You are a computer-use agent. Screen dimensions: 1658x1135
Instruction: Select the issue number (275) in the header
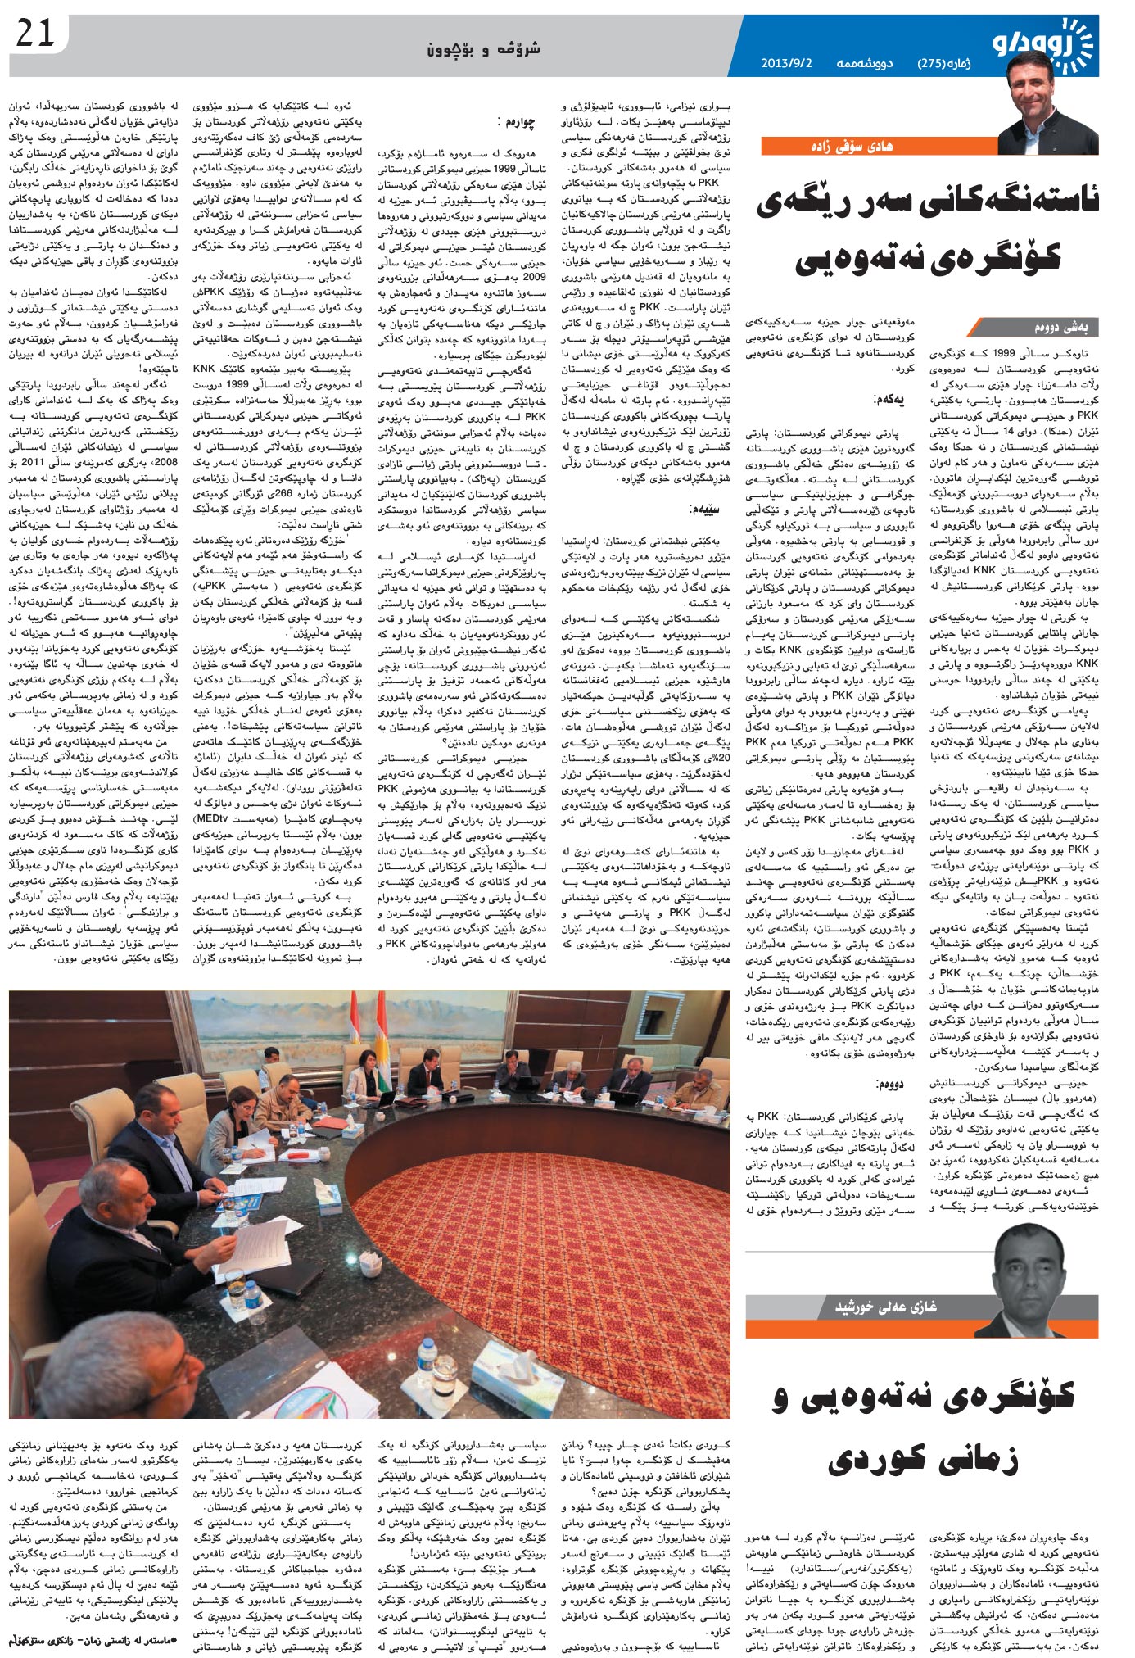click(937, 62)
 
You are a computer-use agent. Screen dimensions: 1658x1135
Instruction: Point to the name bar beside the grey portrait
click(884, 1306)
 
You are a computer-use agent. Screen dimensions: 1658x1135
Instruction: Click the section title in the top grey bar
click(483, 49)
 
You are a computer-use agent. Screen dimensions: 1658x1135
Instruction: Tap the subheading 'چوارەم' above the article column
click(517, 122)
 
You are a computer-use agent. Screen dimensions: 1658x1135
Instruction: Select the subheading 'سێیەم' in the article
click(707, 508)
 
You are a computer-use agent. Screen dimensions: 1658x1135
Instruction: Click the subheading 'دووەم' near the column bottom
click(891, 1083)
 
